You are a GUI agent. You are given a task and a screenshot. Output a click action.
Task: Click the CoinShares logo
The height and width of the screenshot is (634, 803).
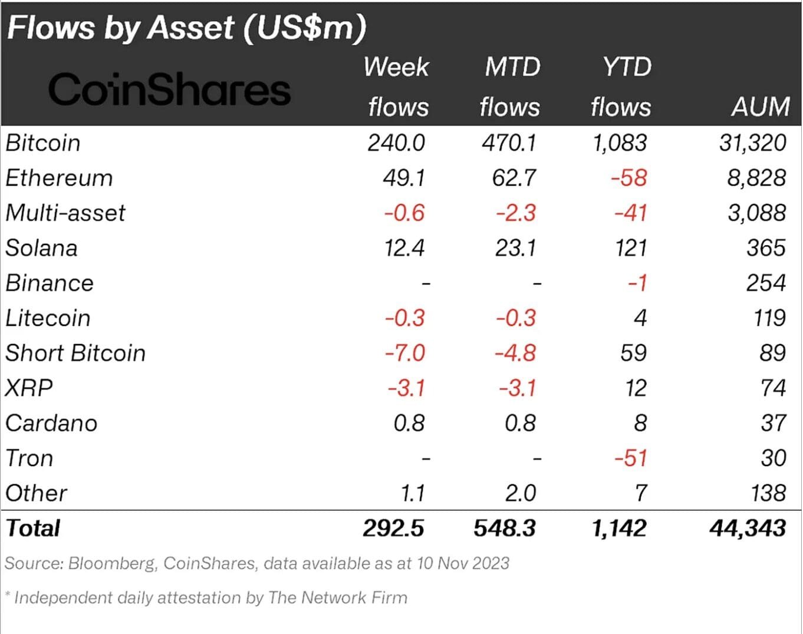pyautogui.click(x=169, y=90)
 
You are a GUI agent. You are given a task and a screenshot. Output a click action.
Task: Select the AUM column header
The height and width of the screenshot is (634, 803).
pyautogui.click(x=760, y=107)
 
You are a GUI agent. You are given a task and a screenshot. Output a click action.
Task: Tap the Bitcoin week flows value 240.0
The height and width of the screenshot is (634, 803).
pyautogui.click(x=396, y=143)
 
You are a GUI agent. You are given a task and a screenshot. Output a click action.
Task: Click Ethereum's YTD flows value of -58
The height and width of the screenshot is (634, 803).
pyautogui.click(x=628, y=178)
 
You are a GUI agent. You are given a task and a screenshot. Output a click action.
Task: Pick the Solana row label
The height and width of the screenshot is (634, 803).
pyautogui.click(x=41, y=248)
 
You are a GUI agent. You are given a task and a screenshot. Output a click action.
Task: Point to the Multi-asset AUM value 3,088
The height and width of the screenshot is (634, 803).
pyautogui.click(x=756, y=213)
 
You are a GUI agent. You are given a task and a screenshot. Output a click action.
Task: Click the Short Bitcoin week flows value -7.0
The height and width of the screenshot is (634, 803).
pyautogui.click(x=404, y=353)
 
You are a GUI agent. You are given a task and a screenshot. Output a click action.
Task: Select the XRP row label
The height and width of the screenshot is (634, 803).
pyautogui.click(x=29, y=388)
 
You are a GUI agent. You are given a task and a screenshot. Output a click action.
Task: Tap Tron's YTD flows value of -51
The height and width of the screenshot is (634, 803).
pyautogui.click(x=630, y=458)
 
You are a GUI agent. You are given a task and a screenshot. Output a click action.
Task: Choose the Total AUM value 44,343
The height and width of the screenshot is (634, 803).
pyautogui.click(x=748, y=529)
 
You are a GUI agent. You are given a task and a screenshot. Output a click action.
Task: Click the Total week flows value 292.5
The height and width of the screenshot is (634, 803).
pyautogui.click(x=393, y=529)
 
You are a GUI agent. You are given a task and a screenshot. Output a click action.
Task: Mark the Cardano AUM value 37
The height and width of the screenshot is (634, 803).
pyautogui.click(x=773, y=423)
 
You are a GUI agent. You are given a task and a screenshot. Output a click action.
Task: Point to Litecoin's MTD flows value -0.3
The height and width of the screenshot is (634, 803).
pyautogui.click(x=516, y=318)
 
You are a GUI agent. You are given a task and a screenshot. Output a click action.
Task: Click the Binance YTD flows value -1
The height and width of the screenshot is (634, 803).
pyautogui.click(x=637, y=283)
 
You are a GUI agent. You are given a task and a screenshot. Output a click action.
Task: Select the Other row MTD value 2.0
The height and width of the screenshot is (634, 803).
pyautogui.click(x=520, y=493)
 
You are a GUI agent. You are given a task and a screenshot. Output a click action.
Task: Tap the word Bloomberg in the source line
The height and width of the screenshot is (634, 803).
pyautogui.click(x=112, y=563)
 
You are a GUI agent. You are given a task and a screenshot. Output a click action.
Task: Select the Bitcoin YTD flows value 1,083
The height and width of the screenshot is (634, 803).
pyautogui.click(x=619, y=143)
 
